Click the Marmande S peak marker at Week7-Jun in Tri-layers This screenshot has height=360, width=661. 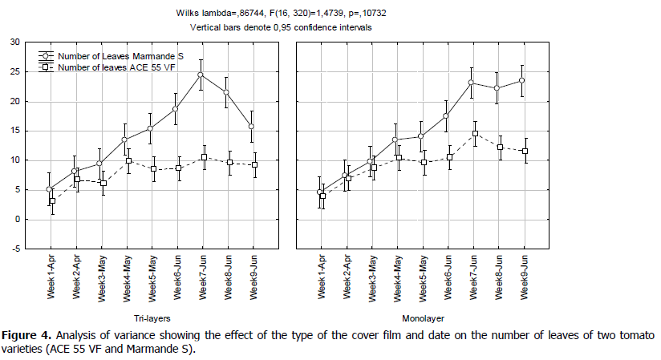pyautogui.click(x=201, y=75)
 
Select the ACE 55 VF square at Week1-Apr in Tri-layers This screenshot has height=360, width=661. pyautogui.click(x=52, y=201)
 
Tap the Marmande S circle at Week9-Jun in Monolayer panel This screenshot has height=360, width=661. pyautogui.click(x=524, y=80)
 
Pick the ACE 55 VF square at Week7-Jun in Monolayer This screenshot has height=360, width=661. pyautogui.click(x=474, y=133)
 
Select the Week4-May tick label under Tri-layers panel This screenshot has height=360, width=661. pyautogui.click(x=127, y=277)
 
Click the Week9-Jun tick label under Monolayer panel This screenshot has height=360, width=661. pyautogui.click(x=523, y=277)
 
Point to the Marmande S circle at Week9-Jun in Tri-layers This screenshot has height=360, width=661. pyautogui.click(x=253, y=127)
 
